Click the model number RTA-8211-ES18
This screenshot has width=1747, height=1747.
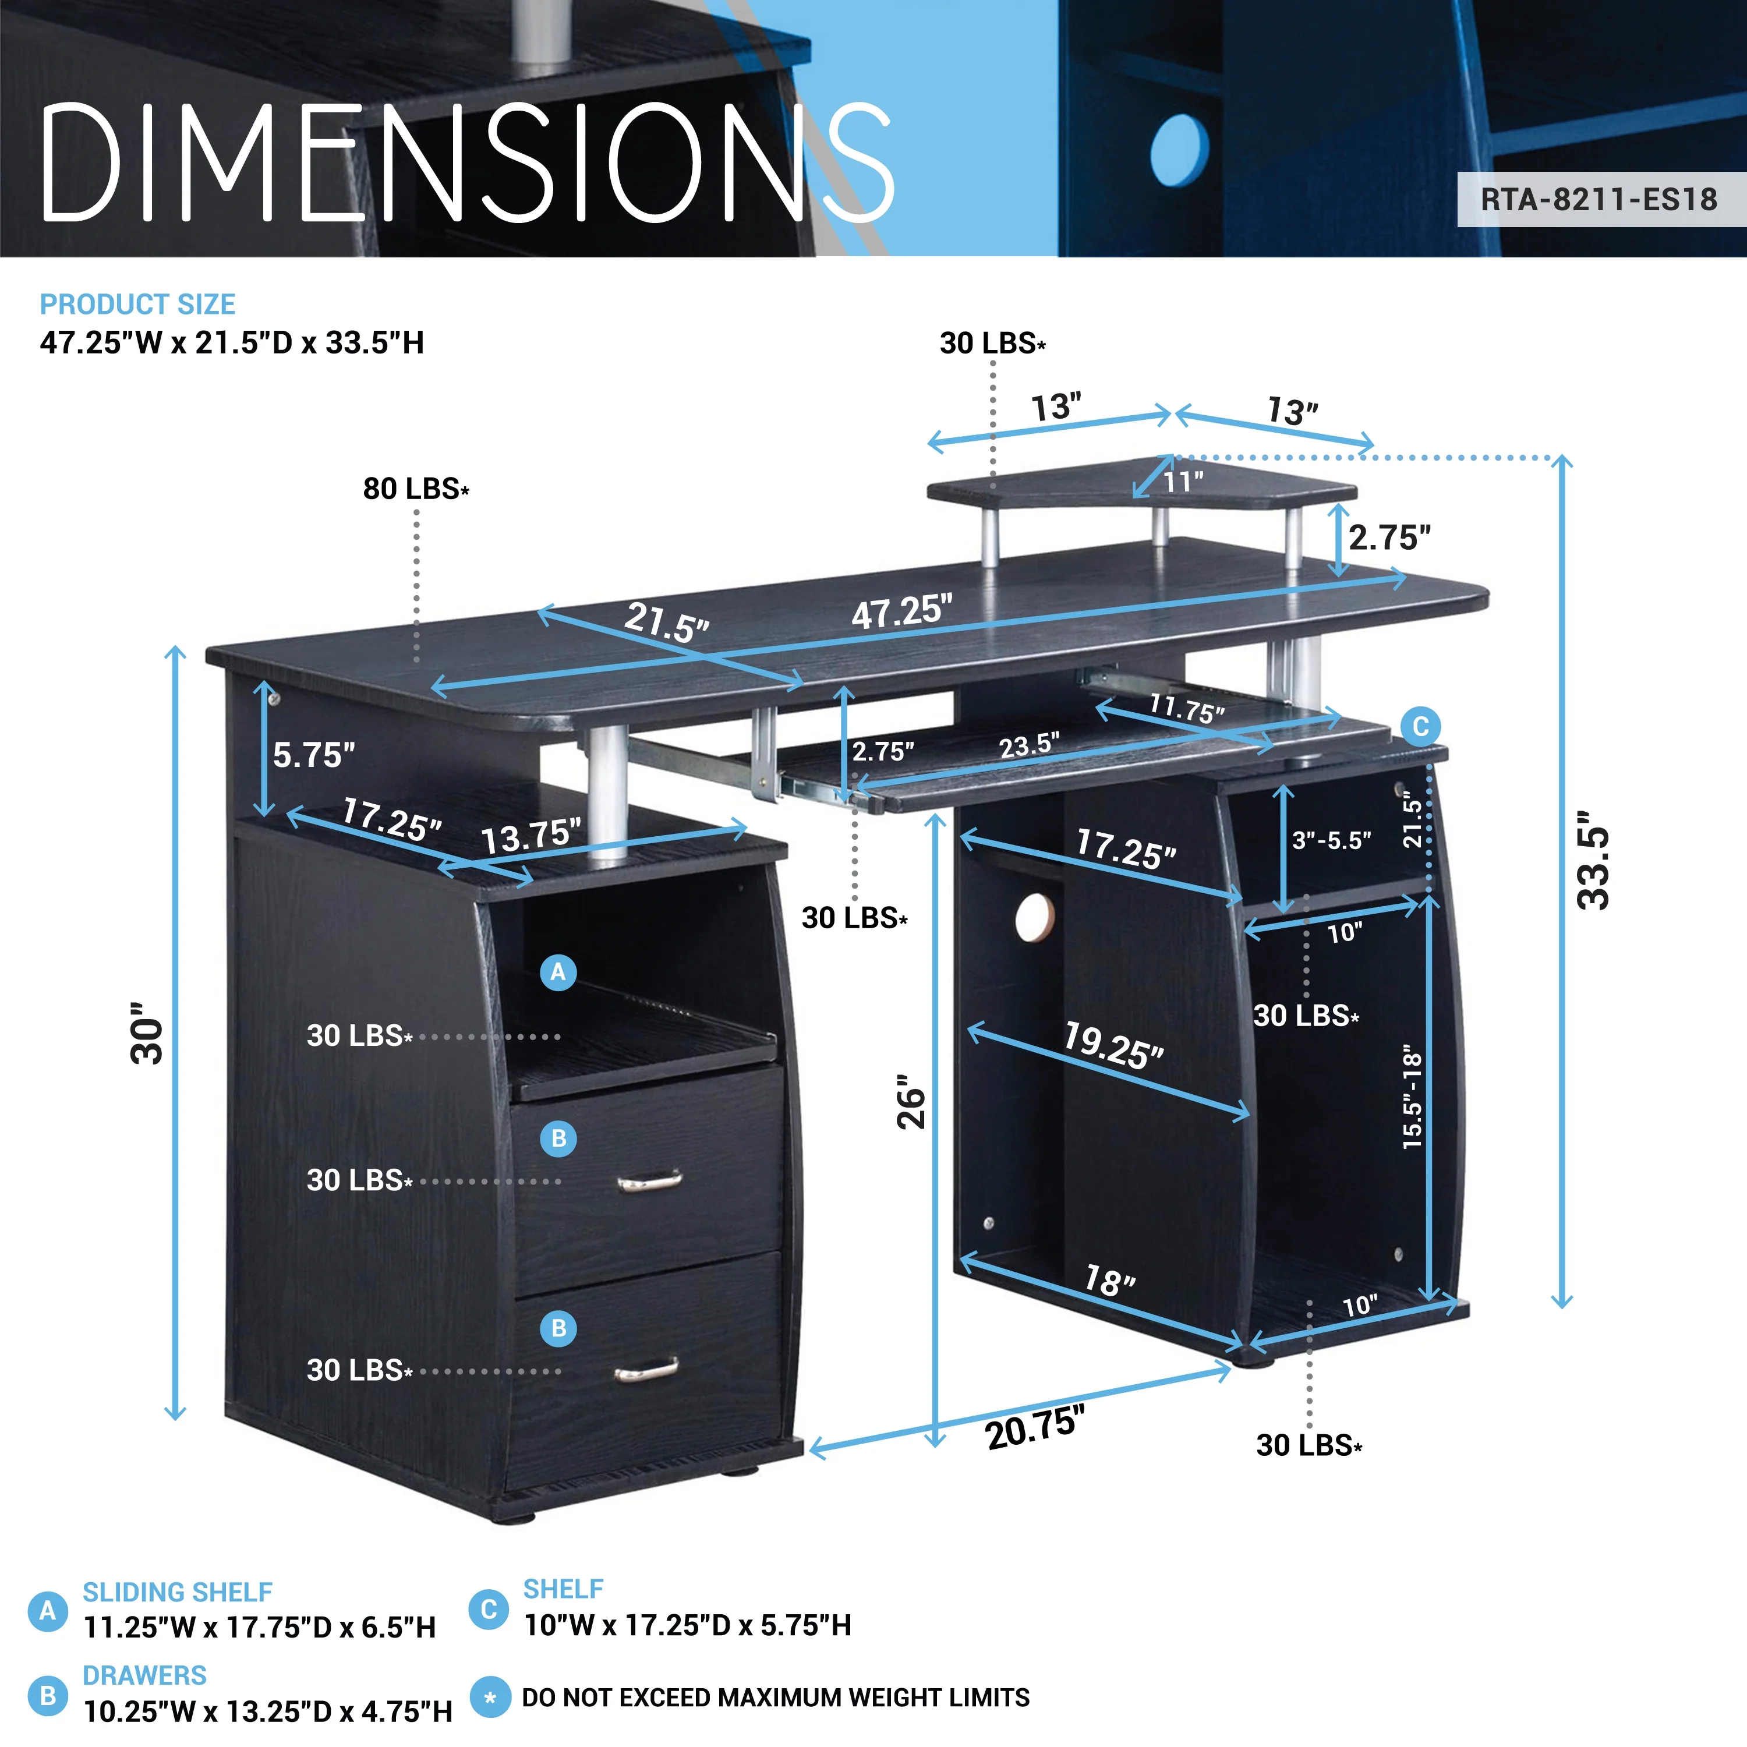point(1598,199)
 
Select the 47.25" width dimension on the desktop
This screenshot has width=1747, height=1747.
point(901,612)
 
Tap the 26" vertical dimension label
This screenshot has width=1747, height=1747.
point(911,1101)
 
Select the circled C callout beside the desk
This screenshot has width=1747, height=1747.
point(1420,726)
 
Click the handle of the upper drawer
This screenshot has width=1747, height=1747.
point(649,1179)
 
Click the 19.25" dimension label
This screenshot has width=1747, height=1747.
point(1113,1046)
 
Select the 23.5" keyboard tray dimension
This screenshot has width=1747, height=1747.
point(1029,746)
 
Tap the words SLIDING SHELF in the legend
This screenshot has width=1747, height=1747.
point(177,1592)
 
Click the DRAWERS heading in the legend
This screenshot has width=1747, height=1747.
point(144,1675)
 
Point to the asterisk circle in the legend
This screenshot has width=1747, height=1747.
point(490,1698)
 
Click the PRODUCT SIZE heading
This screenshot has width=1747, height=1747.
point(137,305)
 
